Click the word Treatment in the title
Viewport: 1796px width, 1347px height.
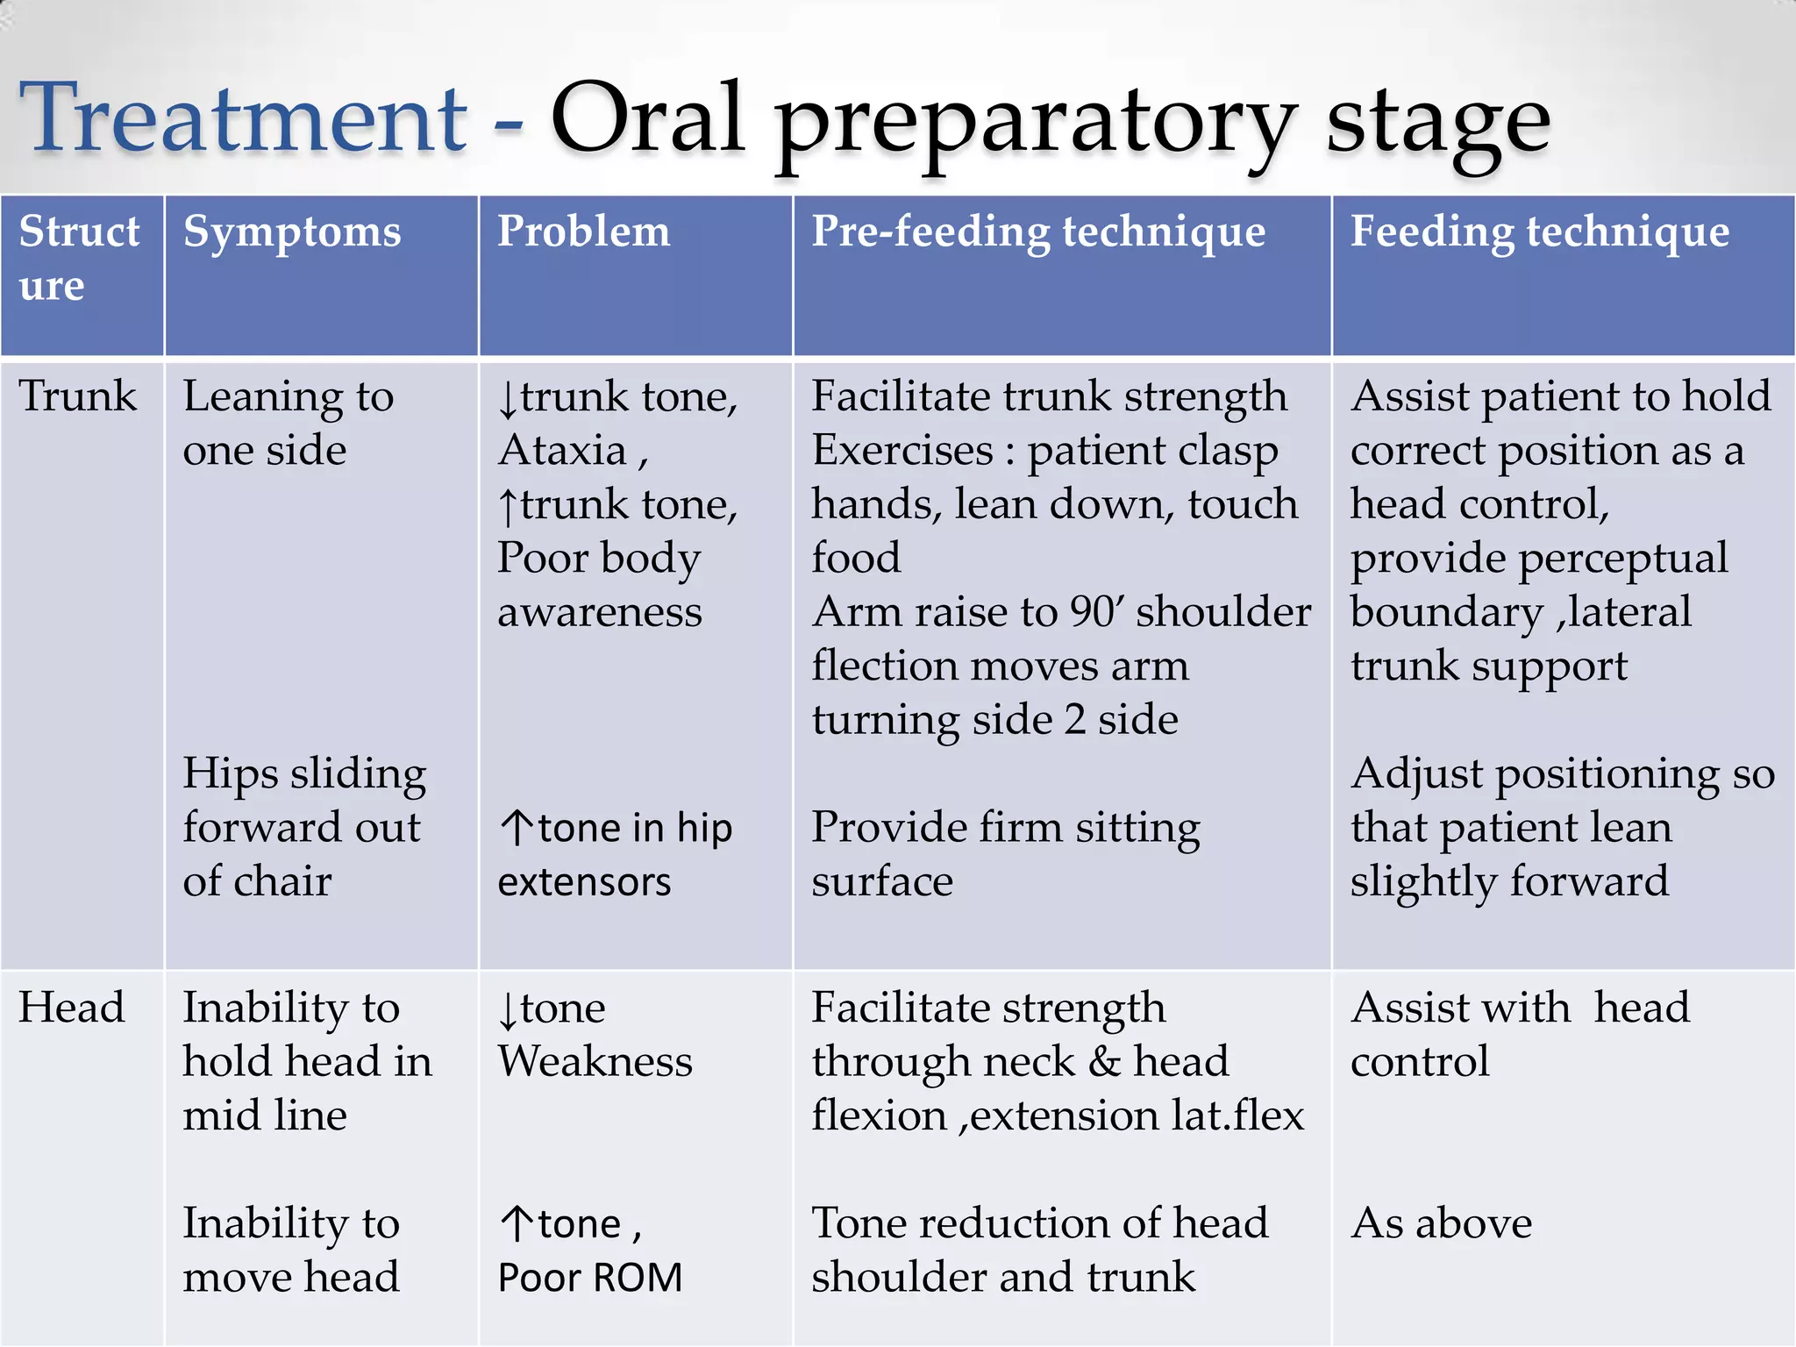243,118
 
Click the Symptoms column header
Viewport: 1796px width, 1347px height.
292,232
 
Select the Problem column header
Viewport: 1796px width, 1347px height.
583,232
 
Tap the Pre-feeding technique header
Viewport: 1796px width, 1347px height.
1038,232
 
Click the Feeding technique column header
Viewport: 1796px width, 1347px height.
1539,232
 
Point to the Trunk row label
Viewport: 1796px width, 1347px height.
78,396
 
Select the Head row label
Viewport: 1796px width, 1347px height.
72,1008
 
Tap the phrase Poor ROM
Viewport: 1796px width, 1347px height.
589,1278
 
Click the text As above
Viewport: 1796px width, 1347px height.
1441,1223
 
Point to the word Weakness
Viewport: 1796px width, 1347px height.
595,1062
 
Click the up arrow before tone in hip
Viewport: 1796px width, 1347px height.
517,828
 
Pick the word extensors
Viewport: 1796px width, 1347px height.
584,882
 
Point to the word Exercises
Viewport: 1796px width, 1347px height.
902,451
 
